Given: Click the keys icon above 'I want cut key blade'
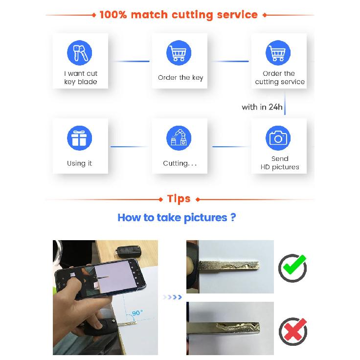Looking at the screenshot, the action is click(79, 52).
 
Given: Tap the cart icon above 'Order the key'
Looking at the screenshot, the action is click(179, 52).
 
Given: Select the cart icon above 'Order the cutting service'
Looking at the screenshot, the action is click(278, 52).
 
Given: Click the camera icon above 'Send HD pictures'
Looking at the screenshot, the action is click(278, 138).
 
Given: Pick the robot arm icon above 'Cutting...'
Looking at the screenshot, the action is click(179, 138).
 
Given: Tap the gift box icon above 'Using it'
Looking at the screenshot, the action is click(79, 138).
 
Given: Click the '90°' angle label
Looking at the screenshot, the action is click(137, 313).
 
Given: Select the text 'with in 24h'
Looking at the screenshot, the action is click(262, 107).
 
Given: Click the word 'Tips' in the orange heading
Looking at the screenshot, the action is click(179, 199).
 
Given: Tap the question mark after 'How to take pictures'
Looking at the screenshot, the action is click(233, 217).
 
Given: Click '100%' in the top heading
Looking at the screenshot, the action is click(113, 15).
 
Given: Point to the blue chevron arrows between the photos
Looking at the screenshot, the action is click(172, 297).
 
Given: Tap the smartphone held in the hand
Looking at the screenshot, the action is click(100, 279).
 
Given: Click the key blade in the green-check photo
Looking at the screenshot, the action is click(229, 266).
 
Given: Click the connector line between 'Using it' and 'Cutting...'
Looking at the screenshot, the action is click(130, 146).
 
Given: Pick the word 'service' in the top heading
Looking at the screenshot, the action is click(237, 15).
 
